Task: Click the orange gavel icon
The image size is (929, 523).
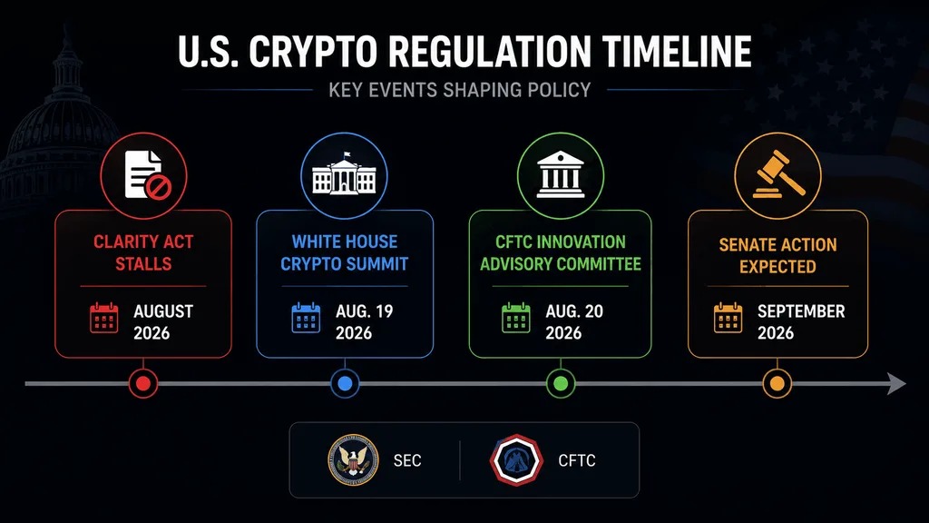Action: [x=778, y=173]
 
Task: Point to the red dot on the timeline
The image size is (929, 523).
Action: [x=143, y=384]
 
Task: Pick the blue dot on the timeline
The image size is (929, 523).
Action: [x=345, y=384]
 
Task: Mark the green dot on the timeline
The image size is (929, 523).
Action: [x=561, y=384]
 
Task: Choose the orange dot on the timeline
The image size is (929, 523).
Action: [x=777, y=384]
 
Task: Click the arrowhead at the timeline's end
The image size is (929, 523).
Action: [x=896, y=384]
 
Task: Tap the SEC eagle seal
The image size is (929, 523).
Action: [x=353, y=460]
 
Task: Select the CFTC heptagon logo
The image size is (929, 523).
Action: [x=516, y=460]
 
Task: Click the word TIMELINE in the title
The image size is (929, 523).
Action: [x=677, y=51]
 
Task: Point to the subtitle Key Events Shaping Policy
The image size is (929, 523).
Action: [x=460, y=90]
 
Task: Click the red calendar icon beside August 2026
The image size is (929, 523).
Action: [x=103, y=318]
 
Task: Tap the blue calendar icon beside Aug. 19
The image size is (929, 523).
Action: [x=306, y=318]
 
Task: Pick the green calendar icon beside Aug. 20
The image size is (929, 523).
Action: [x=516, y=318]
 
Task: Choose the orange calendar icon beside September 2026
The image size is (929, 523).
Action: [x=729, y=318]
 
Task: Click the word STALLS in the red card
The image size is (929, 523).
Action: [x=143, y=264]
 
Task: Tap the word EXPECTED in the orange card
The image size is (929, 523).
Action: [x=777, y=267]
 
